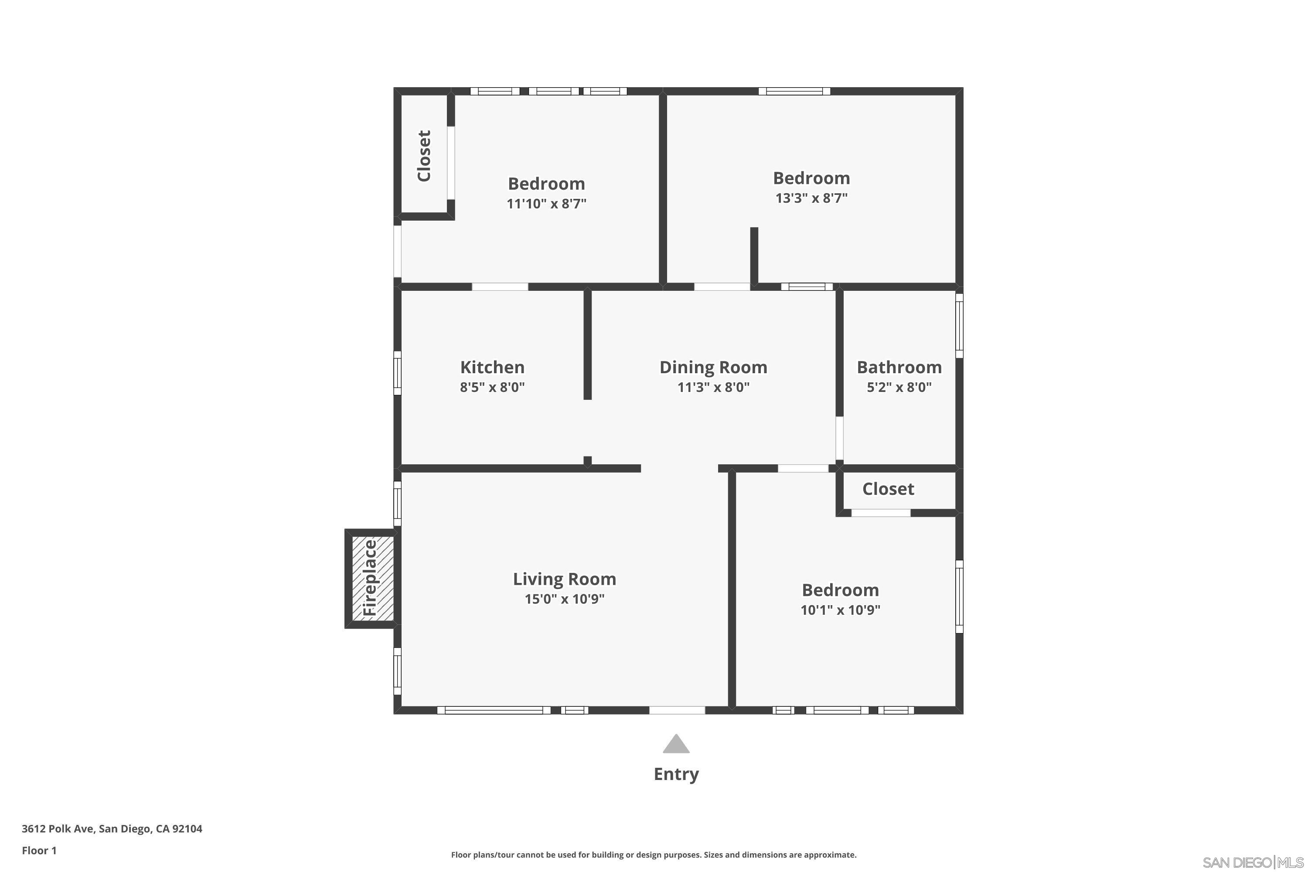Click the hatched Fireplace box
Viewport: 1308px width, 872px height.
(x=372, y=579)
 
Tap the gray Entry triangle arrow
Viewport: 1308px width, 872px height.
(x=676, y=745)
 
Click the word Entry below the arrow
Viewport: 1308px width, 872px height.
(x=676, y=774)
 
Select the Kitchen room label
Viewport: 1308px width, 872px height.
(x=492, y=368)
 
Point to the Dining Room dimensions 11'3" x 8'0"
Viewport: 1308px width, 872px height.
(x=713, y=387)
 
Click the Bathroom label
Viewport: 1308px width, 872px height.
(x=899, y=368)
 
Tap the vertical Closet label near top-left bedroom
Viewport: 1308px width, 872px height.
(x=424, y=156)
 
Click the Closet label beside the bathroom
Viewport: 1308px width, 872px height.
(x=888, y=489)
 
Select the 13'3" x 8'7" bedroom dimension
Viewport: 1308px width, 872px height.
(x=811, y=198)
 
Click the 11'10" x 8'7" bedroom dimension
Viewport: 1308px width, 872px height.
(x=546, y=204)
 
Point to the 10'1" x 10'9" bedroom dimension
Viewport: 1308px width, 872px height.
(x=840, y=610)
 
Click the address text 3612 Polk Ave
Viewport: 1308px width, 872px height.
(x=112, y=829)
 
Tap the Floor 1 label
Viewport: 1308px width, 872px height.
(x=39, y=850)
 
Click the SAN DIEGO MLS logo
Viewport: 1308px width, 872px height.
(x=1252, y=862)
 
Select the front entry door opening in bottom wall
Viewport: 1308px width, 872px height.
(x=677, y=710)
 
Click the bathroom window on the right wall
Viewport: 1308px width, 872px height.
(x=959, y=326)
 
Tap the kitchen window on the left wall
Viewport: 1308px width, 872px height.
(x=397, y=373)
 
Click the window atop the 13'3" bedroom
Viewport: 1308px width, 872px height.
(x=794, y=91)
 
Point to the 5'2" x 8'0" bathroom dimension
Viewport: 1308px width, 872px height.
(x=899, y=387)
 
